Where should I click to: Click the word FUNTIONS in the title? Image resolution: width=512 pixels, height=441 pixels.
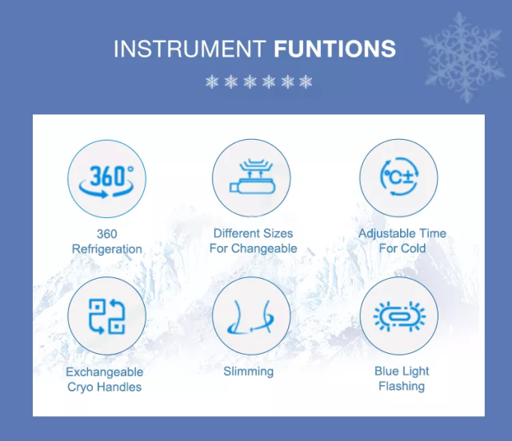click(334, 49)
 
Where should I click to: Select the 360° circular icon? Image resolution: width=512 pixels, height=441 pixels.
click(106, 178)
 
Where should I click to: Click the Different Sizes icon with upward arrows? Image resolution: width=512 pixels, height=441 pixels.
click(251, 178)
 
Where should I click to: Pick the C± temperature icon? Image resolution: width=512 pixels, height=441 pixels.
click(398, 178)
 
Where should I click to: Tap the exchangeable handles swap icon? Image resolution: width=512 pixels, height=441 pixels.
click(106, 316)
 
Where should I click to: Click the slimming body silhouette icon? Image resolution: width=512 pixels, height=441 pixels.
click(251, 316)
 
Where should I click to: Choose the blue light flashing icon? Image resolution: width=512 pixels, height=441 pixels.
click(398, 316)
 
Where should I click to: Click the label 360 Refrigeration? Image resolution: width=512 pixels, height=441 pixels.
click(107, 241)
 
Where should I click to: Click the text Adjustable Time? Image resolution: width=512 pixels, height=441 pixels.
click(402, 233)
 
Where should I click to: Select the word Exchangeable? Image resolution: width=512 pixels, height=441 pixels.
click(105, 372)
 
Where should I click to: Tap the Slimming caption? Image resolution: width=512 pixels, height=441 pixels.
click(249, 371)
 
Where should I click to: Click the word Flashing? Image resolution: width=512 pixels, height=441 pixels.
click(402, 387)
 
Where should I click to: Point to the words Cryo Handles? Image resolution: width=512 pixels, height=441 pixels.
click(105, 387)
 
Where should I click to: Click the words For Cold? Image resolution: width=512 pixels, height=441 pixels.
click(402, 248)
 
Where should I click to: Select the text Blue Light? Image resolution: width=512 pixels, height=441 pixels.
click(402, 371)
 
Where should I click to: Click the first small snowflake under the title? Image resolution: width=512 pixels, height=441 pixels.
click(212, 81)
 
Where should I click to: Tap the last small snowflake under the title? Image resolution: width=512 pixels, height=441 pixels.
click(305, 81)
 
